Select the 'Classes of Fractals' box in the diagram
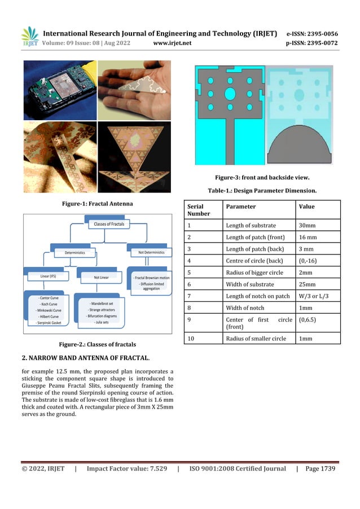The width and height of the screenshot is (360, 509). click(109, 225)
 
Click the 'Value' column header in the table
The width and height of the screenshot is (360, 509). click(307, 207)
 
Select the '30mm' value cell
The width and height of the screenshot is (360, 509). click(307, 226)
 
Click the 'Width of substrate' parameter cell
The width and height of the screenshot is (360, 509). click(249, 284)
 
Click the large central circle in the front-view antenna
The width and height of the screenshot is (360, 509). click(230, 93)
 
